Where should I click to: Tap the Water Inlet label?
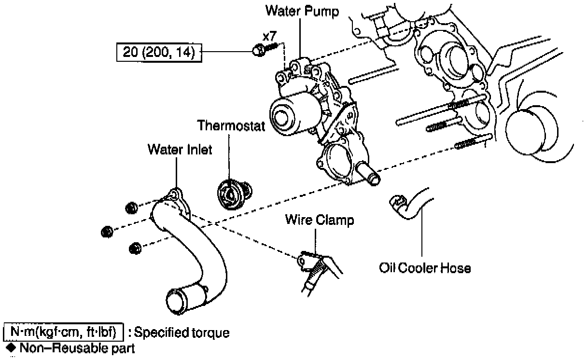tap(180, 150)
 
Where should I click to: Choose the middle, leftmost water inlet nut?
tap(107, 232)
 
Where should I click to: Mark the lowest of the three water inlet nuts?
tap(135, 248)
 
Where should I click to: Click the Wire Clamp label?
tap(319, 220)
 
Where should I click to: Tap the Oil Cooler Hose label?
tap(425, 267)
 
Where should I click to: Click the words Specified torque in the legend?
tap(182, 332)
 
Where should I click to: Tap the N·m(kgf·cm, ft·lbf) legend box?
tap(64, 332)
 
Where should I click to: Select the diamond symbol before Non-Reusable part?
tap(10, 347)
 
